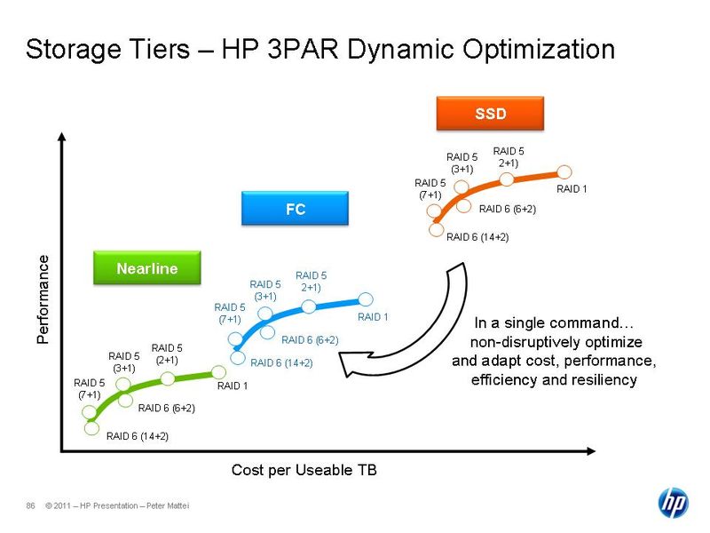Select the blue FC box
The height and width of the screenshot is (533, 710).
coord(295,210)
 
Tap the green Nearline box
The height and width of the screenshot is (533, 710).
coord(146,267)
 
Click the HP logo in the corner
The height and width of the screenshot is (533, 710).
coord(672,503)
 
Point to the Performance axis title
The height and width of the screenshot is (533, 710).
coord(43,299)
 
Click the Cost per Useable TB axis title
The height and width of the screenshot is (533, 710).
coord(304,470)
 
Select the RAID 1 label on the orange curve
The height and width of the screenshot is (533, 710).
coord(572,189)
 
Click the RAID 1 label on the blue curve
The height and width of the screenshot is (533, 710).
coord(373,317)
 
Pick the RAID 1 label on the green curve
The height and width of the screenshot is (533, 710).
coord(233,386)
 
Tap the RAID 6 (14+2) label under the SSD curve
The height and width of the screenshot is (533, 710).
coord(477,237)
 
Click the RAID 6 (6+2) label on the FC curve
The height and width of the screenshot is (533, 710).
coord(310,340)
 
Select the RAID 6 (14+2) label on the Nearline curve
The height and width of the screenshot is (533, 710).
coord(137,436)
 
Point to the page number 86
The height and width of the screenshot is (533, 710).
coord(30,506)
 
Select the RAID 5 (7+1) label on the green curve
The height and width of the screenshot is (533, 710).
coord(89,389)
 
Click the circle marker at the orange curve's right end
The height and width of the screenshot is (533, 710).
coord(564,171)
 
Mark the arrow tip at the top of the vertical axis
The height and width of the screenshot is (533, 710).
coord(61,136)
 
